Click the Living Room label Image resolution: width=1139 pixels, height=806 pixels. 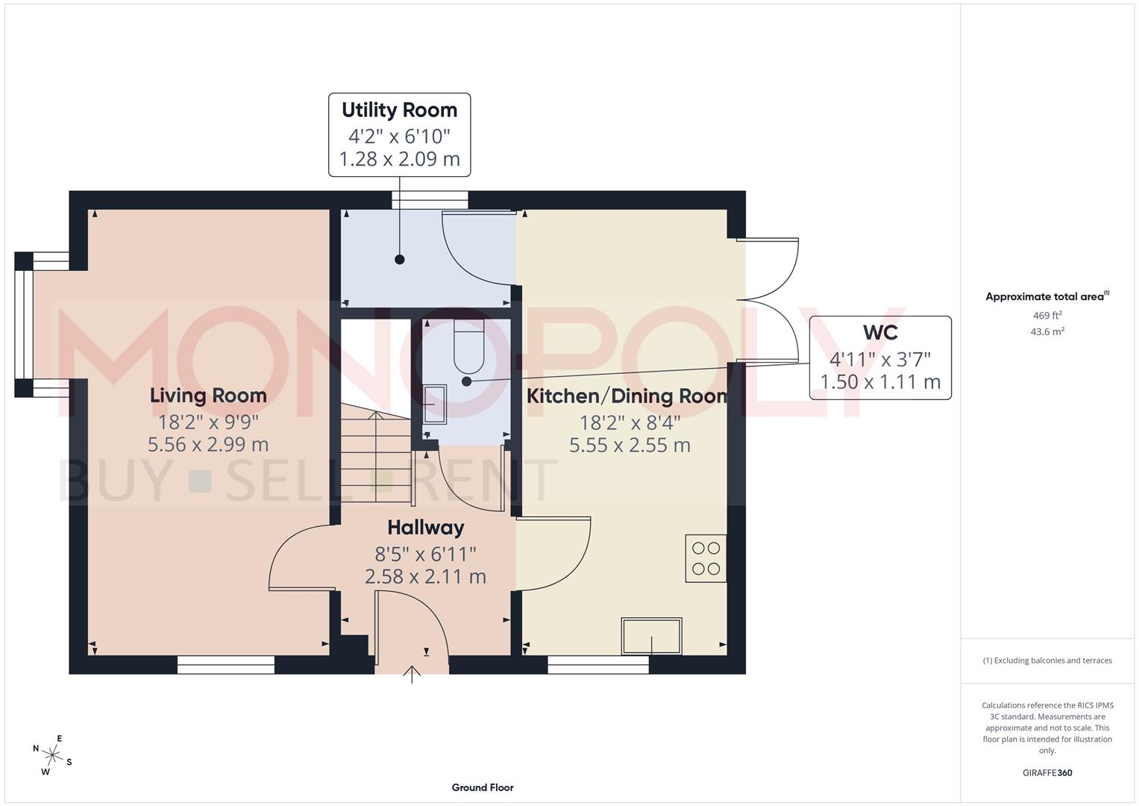[208, 396]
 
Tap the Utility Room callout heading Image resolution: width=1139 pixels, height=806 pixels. [399, 110]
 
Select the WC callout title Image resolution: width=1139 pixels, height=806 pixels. [880, 333]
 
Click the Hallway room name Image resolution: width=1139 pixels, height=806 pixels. [425, 528]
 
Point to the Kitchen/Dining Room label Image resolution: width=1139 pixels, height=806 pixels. [627, 396]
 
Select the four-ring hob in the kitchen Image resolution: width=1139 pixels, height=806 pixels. [706, 558]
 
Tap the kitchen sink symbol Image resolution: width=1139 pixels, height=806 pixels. [651, 637]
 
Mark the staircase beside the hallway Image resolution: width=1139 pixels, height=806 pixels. [377, 455]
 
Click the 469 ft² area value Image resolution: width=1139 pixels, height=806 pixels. [1047, 316]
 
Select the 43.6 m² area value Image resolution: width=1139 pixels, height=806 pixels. [1047, 332]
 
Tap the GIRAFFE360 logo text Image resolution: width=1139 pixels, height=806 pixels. [1047, 772]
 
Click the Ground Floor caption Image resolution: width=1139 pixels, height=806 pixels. [483, 787]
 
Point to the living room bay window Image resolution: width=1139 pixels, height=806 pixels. [25, 324]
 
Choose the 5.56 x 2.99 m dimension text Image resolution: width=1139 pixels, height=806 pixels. [208, 445]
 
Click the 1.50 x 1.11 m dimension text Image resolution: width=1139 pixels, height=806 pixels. [880, 382]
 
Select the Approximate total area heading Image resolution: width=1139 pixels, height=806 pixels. [1046, 297]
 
